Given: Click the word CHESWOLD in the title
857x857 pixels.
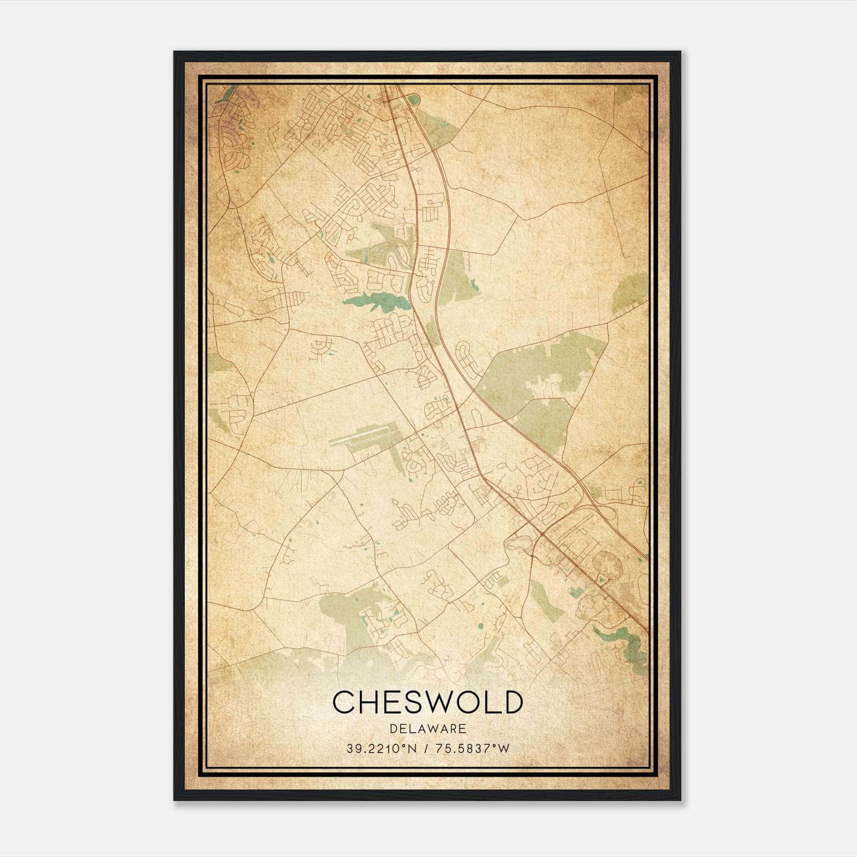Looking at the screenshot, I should pos(427,702).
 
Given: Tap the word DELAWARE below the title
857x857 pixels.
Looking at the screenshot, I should pos(427,729).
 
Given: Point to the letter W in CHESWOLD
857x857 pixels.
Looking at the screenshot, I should pos(442,702).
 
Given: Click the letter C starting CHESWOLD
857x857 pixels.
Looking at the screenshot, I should pos(343,702).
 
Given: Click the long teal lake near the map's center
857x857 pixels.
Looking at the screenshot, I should pos(375,302).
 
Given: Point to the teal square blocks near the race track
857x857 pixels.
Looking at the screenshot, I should pos(575,591).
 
